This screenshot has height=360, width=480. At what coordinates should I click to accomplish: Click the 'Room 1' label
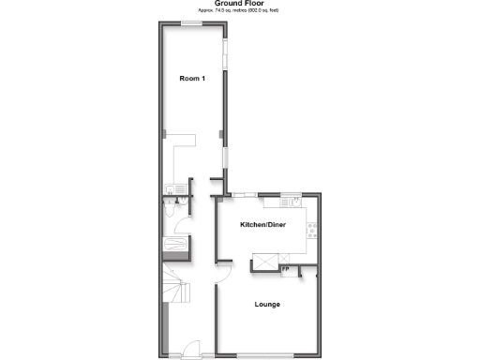[191, 79]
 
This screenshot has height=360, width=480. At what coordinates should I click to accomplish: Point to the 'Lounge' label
[267, 305]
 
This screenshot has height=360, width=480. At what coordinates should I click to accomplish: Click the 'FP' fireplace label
[285, 270]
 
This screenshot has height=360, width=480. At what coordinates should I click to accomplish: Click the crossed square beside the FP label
[266, 263]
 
